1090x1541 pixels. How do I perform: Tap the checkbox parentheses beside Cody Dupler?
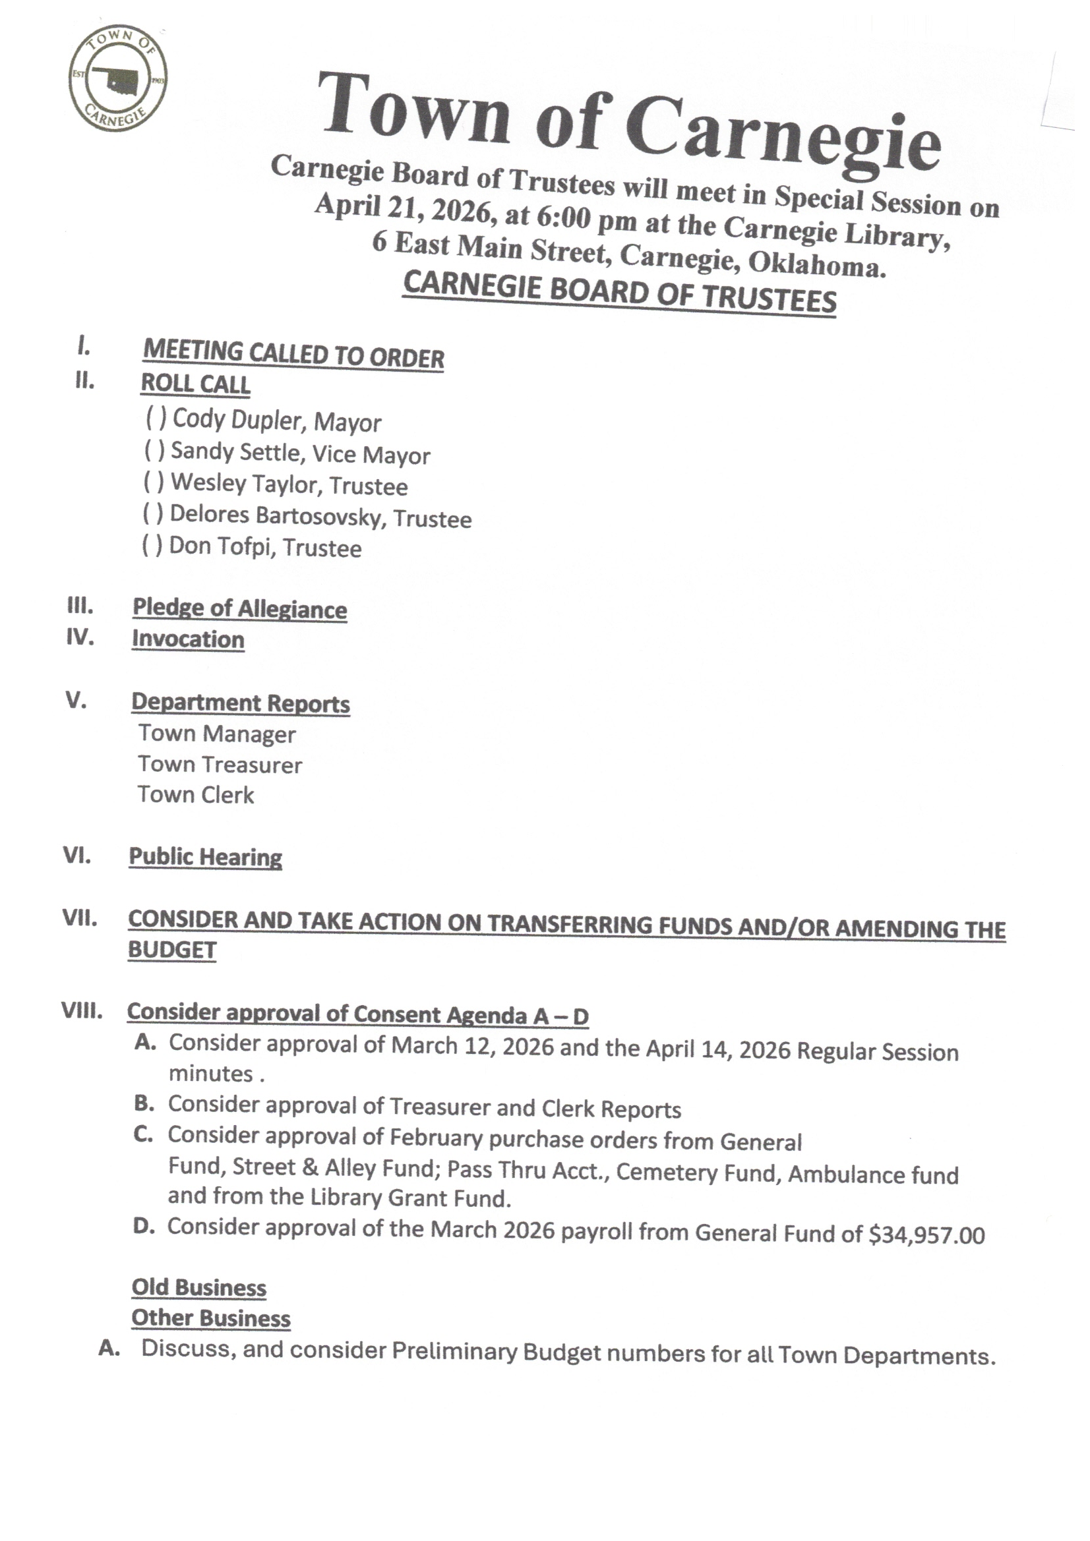point(156,418)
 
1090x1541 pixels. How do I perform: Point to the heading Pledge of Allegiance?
point(240,608)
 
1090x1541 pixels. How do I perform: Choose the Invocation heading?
point(188,638)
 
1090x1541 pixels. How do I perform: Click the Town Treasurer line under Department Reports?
point(220,765)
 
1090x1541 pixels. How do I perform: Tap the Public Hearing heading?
point(206,857)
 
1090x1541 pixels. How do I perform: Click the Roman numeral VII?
point(80,918)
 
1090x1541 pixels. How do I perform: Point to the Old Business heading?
point(198,1287)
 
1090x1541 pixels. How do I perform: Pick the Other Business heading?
point(211,1318)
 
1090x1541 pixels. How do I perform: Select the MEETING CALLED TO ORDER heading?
point(293,354)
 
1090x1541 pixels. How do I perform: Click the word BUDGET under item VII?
point(173,950)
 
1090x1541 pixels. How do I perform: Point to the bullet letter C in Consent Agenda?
point(143,1134)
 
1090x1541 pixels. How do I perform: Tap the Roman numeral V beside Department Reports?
point(76,700)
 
